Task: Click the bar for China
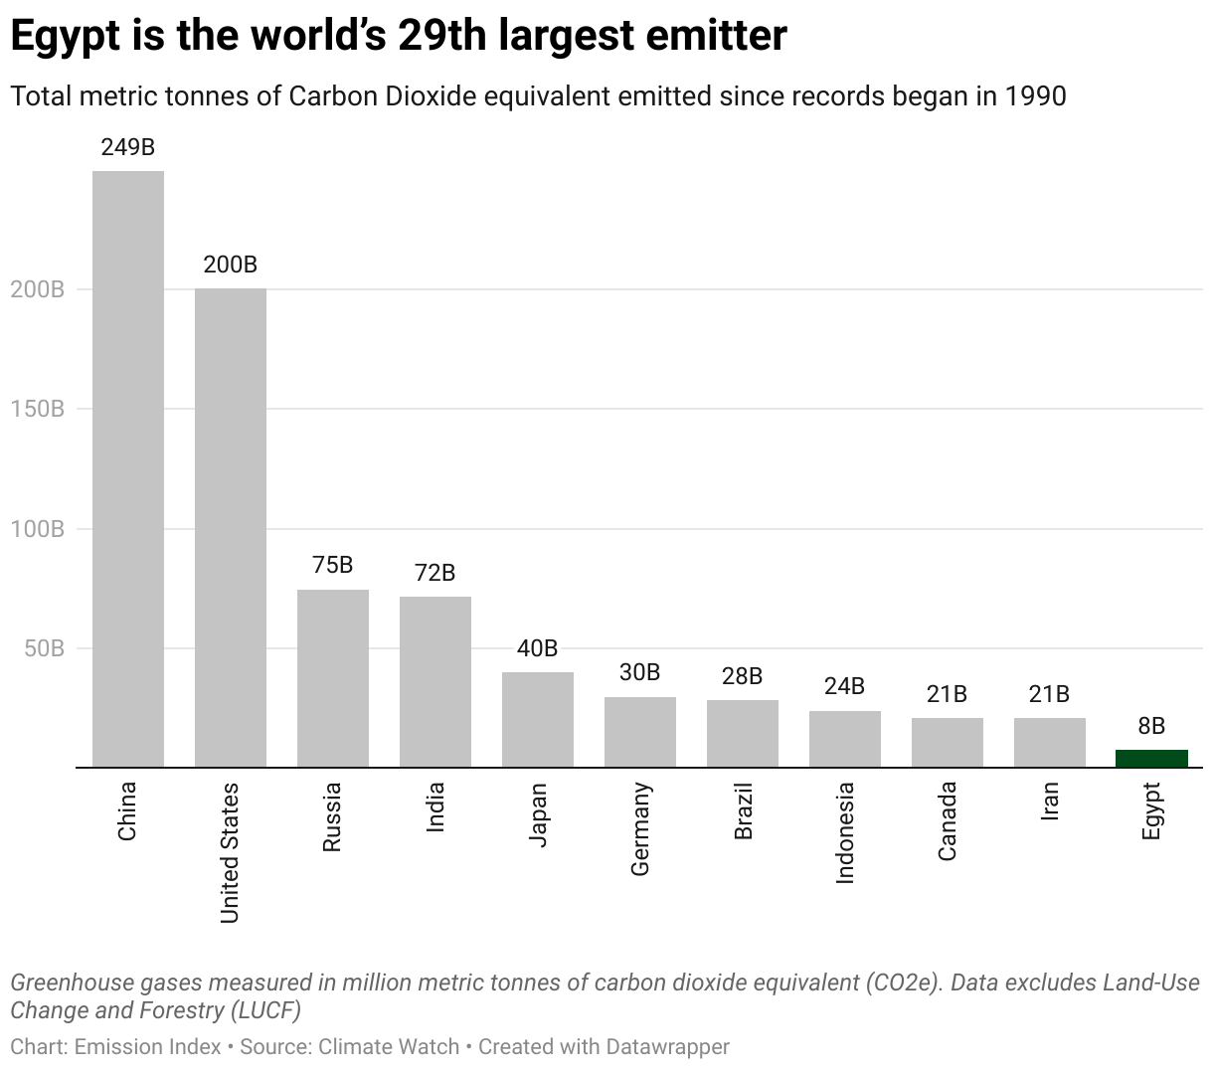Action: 128,468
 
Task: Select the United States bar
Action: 231,527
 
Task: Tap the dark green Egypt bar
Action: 1151,759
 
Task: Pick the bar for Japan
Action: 538,720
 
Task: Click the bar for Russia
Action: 333,678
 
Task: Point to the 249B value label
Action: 128,147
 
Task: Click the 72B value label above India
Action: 435,573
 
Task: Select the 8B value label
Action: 1151,726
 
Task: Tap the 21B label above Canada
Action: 947,694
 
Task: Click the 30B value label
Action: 640,672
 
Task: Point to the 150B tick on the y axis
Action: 38,410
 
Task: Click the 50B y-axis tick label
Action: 44,649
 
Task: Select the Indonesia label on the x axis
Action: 845,832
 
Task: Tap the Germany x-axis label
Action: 640,828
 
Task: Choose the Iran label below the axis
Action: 1049,801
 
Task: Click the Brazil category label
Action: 743,810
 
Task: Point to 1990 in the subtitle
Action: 1035,96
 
